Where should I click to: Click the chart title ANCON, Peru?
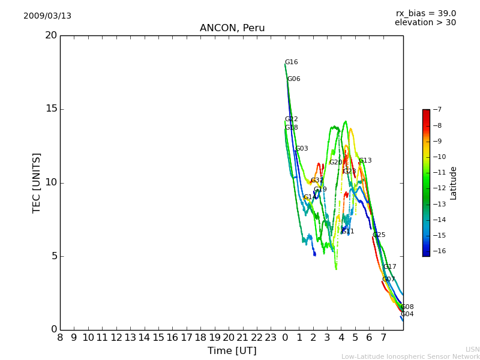tap(232, 28)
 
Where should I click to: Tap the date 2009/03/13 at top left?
tap(47, 16)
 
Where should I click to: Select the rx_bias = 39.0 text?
tap(425, 14)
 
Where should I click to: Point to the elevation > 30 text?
tap(425, 23)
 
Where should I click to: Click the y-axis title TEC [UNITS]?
tap(37, 182)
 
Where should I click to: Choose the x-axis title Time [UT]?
tap(232, 351)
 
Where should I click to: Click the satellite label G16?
tap(291, 62)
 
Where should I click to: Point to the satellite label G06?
tap(293, 79)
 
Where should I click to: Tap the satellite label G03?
tap(301, 149)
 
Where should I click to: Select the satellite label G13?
tap(365, 161)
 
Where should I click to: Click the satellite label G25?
tap(379, 235)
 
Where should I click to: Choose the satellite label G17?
tap(389, 267)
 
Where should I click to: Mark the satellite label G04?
tap(407, 314)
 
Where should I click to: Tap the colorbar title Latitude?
tap(454, 183)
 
